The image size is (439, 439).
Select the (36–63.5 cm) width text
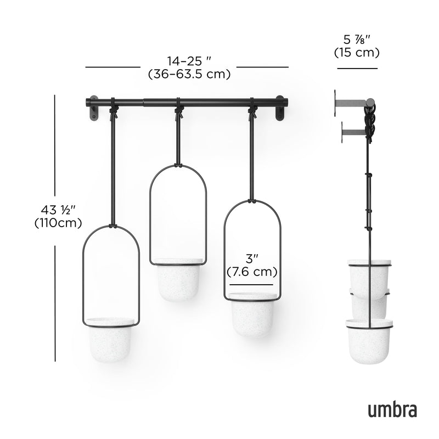188,74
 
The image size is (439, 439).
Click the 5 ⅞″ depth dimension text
357,40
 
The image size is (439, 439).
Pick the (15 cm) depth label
357,53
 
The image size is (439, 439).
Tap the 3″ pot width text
252,258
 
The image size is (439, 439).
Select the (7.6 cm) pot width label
252,272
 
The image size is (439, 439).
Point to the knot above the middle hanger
178,113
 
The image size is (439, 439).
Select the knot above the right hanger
253,113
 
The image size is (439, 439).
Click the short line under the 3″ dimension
251,285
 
